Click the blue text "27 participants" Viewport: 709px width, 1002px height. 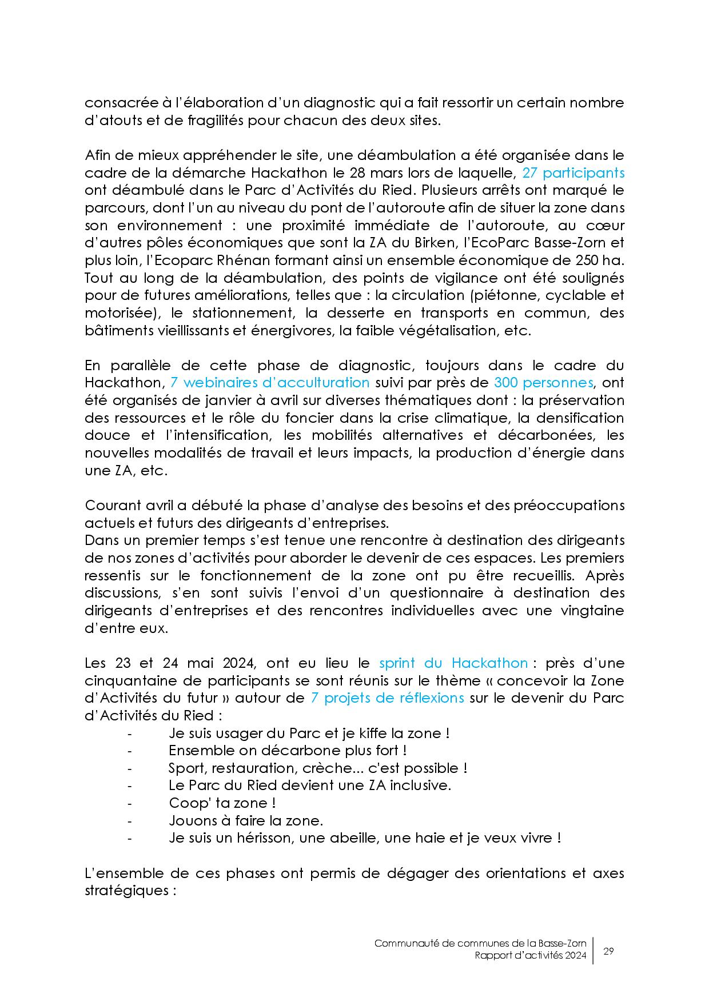click(x=573, y=173)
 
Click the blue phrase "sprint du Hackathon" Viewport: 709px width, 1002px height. click(x=453, y=663)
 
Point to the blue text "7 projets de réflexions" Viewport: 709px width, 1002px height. click(x=387, y=698)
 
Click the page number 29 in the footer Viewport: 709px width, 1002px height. click(x=608, y=951)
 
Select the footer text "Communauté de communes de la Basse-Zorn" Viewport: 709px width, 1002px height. click(x=480, y=944)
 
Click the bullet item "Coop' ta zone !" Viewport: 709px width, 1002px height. click(x=222, y=803)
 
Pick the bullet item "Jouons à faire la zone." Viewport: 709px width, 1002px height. click(x=246, y=821)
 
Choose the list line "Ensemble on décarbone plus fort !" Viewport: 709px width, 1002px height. click(x=288, y=751)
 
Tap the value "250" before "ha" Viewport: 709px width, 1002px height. click(x=589, y=260)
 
